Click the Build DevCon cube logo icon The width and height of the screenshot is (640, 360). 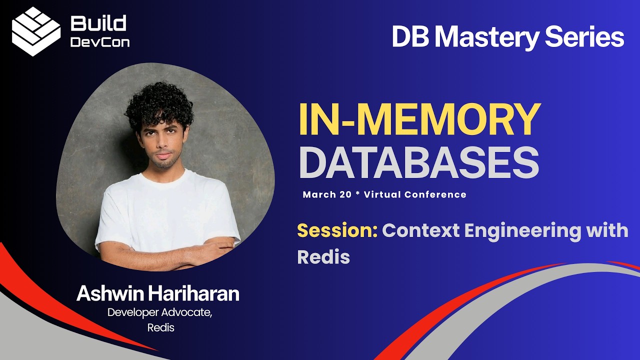36,31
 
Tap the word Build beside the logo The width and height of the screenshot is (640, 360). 98,23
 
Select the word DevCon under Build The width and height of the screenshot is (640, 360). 99,42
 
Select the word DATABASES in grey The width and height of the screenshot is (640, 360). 418,162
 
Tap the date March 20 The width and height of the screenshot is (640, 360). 327,194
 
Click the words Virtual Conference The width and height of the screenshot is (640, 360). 415,194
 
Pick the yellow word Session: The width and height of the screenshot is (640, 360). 337,230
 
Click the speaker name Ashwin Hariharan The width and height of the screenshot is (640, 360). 157,294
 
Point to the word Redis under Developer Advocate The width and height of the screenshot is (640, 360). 160,328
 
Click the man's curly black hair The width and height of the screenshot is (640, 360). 159,105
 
